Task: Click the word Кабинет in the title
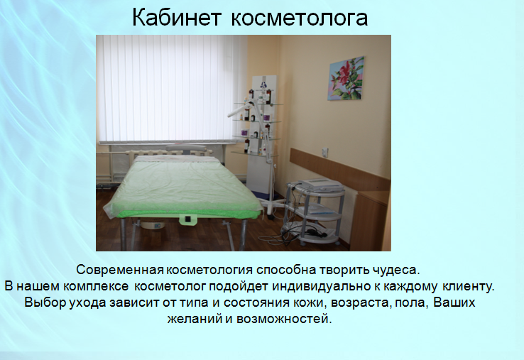tap(177, 17)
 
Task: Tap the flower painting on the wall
tap(346, 79)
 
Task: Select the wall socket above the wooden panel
tap(324, 152)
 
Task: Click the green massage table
tap(182, 194)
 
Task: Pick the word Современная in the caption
tap(120, 270)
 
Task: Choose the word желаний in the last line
tap(195, 319)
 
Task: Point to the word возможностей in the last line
tap(284, 319)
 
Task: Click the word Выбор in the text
tap(45, 302)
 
